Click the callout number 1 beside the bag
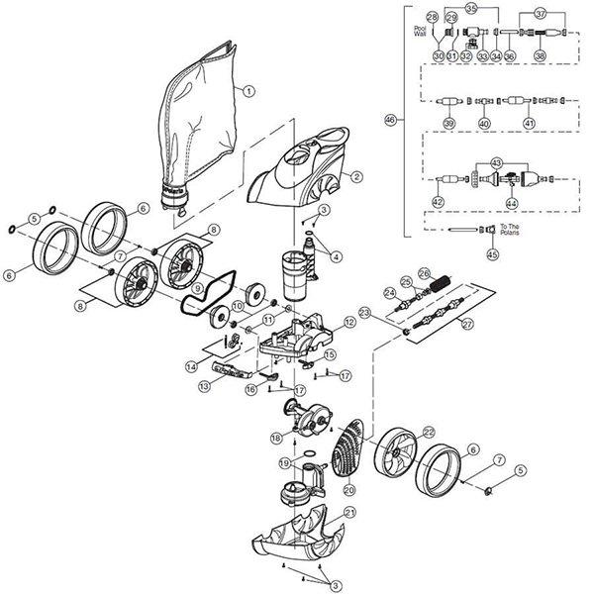[248, 90]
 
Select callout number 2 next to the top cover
[356, 178]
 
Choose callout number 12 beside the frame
[349, 323]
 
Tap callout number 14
[191, 366]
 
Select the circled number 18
[275, 437]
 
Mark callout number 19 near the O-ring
[283, 462]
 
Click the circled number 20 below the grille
[347, 488]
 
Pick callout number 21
[349, 512]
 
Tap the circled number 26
[425, 272]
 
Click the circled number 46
[390, 120]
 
